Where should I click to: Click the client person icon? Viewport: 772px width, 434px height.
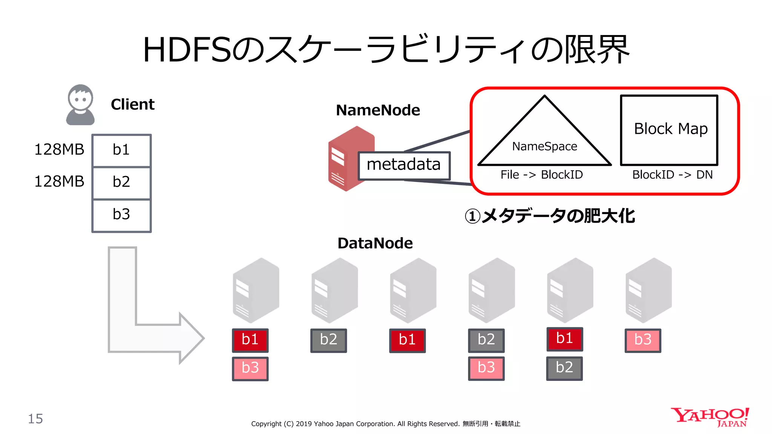80,105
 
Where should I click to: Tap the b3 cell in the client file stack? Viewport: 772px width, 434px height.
121,215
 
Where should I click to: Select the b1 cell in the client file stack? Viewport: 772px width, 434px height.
121,150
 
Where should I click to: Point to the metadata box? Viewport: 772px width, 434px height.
404,165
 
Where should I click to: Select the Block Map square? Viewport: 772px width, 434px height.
669,130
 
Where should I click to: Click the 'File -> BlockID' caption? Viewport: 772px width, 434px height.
541,175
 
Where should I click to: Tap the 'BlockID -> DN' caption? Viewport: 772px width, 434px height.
672,175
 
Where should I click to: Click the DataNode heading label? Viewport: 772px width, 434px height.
375,243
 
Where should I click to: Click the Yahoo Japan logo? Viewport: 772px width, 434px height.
710,417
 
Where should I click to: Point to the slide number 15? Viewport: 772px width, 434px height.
35,419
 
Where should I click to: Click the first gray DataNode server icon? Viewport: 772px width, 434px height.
256,290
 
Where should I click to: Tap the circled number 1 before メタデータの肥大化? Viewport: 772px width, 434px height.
472,217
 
